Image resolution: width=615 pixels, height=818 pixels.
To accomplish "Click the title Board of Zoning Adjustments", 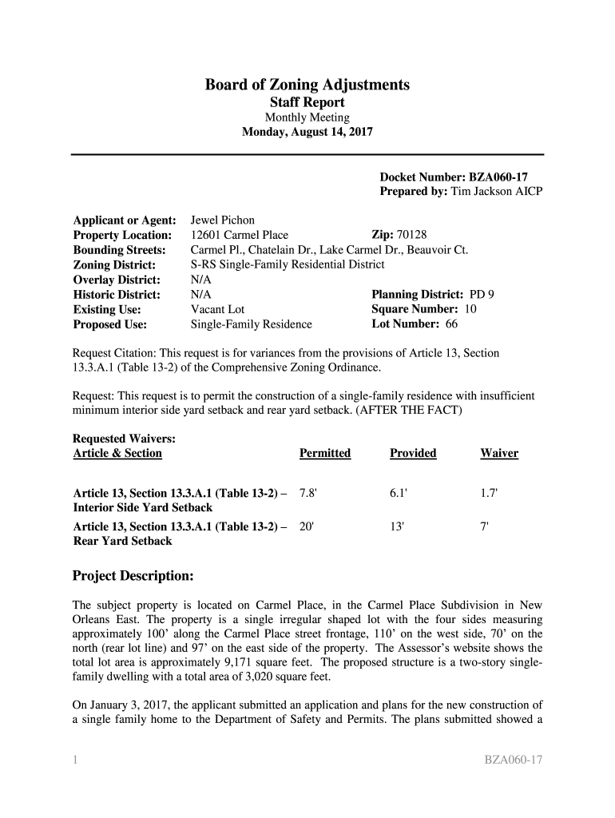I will (307, 85).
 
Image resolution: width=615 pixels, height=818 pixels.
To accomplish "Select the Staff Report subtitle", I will (307, 102).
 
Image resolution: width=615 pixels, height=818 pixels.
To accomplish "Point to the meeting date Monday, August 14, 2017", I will (307, 133).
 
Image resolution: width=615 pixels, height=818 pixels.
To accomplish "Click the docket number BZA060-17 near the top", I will (495, 177).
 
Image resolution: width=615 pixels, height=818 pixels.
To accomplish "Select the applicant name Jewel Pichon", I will (222, 220).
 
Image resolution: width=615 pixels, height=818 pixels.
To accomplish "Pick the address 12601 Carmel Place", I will (240, 235).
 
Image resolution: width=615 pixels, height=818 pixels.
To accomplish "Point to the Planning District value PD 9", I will (481, 295).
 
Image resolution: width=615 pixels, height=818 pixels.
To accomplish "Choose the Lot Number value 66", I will (451, 324).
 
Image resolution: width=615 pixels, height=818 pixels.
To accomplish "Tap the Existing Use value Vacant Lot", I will (217, 310).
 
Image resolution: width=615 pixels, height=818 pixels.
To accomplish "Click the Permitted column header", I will (325, 454).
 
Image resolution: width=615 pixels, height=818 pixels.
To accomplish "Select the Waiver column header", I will (499, 454).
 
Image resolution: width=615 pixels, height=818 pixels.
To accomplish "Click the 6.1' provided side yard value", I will (399, 494).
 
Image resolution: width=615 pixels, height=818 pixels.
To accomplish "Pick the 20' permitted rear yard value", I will (307, 527).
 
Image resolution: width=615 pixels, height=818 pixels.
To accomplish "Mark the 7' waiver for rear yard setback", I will (485, 527).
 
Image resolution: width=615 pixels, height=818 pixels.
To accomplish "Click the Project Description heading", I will (133, 576).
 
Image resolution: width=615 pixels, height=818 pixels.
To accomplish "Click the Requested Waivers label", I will (124, 439).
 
